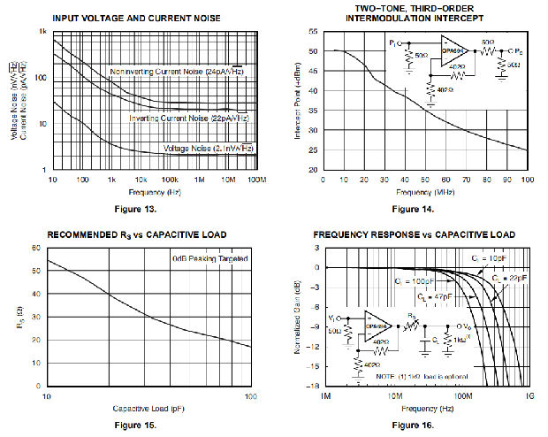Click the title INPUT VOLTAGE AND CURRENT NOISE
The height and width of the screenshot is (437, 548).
click(x=137, y=18)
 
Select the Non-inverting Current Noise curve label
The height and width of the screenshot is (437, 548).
click(x=178, y=71)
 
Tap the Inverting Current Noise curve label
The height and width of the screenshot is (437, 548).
click(x=187, y=118)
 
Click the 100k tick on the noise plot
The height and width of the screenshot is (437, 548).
click(x=170, y=179)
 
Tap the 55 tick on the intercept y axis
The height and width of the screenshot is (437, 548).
click(x=313, y=31)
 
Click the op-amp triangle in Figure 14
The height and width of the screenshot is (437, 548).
click(x=453, y=46)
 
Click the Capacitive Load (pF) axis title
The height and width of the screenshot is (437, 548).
click(x=148, y=408)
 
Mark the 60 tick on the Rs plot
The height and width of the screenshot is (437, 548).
click(x=37, y=249)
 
